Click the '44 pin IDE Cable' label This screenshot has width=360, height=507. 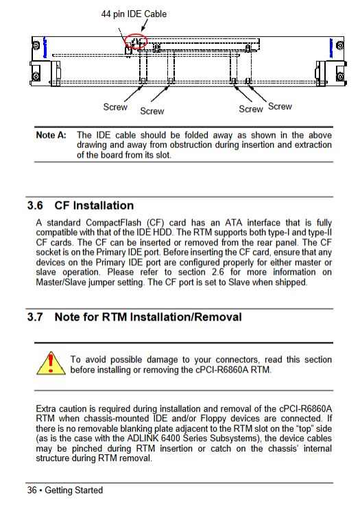pos(134,14)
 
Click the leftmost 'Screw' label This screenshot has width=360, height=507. pos(115,107)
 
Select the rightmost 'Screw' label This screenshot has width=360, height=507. pos(280,106)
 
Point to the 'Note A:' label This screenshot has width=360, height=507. pos(51,135)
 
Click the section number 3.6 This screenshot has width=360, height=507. pos(35,206)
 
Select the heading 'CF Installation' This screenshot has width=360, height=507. pos(94,206)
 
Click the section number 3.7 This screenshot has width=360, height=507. pos(35,317)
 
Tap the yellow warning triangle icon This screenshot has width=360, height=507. pos(51,363)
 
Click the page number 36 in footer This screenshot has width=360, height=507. pos(32,490)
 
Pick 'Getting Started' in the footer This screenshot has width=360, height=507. pos(73,490)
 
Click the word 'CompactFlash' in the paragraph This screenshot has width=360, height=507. pos(113,223)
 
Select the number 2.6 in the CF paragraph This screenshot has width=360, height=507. pos(218,272)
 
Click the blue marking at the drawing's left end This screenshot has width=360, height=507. pos(45,47)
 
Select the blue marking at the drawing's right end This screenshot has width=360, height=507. pos(331,48)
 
